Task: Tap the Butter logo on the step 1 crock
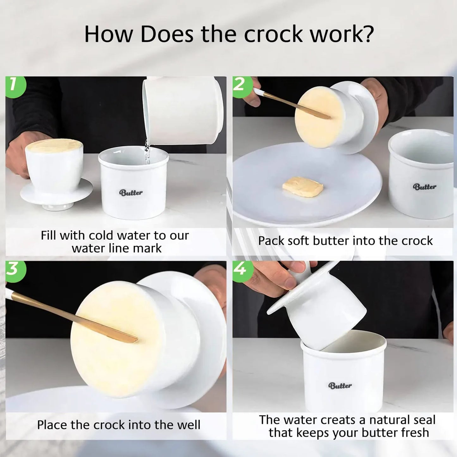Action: (x=131, y=192)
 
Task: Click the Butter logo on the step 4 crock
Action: (x=340, y=386)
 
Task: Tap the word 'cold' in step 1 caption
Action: (x=102, y=236)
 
